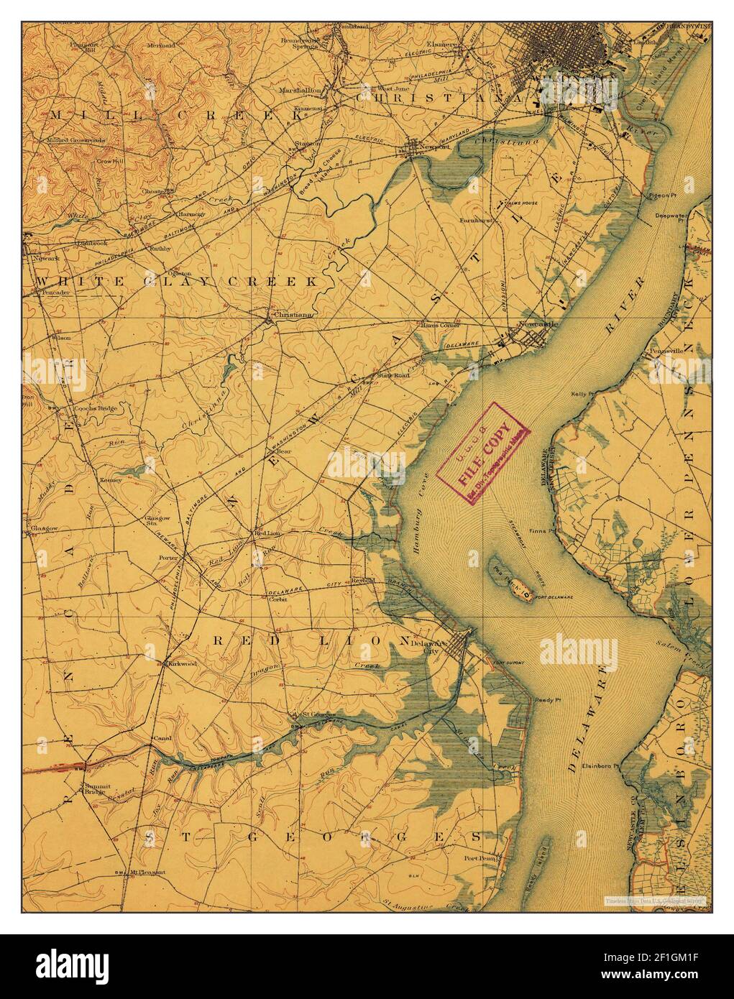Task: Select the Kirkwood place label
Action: (183, 665)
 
